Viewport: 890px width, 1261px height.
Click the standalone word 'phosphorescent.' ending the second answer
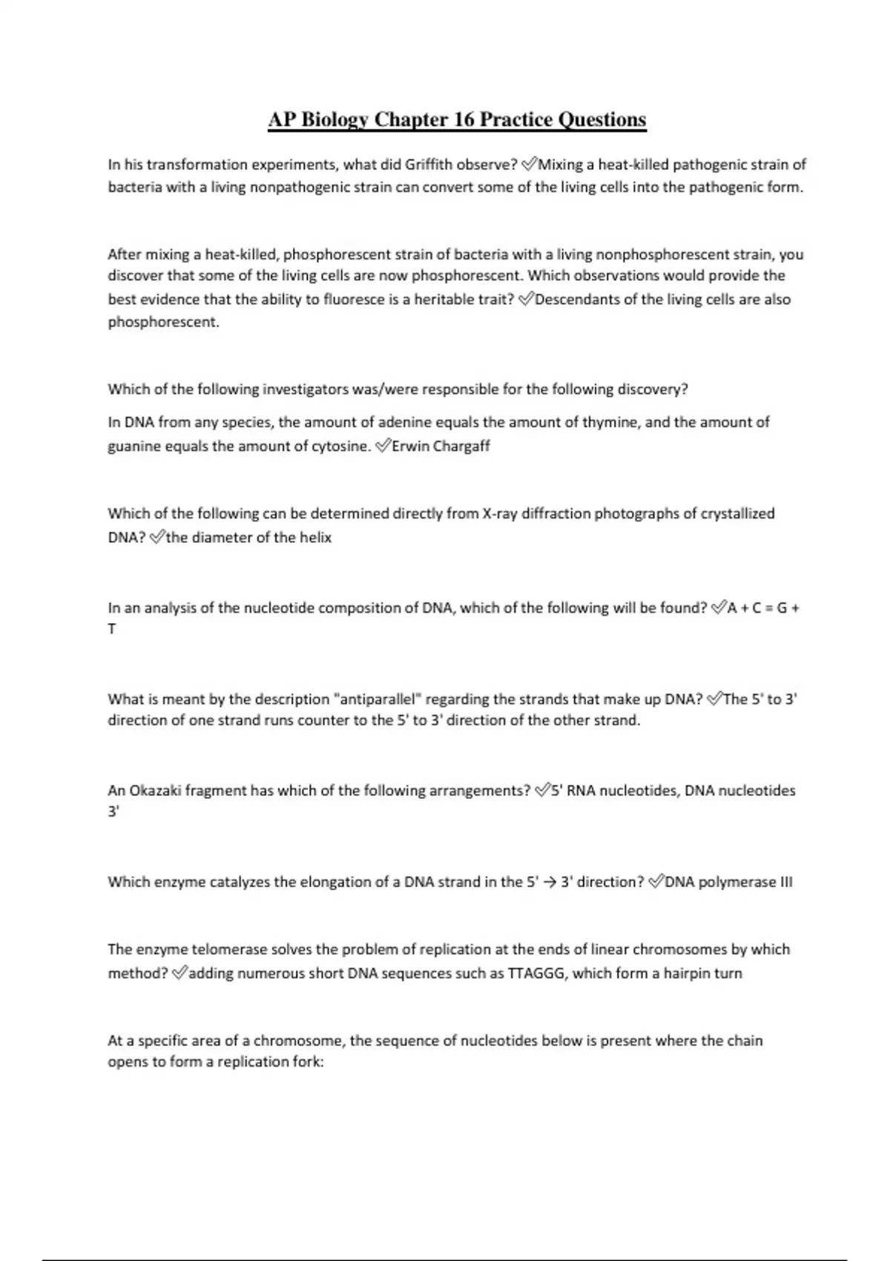(164, 323)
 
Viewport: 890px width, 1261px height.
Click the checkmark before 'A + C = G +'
(719, 608)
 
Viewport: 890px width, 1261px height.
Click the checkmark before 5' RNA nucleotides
(542, 791)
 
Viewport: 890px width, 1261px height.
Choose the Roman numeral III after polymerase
(786, 883)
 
